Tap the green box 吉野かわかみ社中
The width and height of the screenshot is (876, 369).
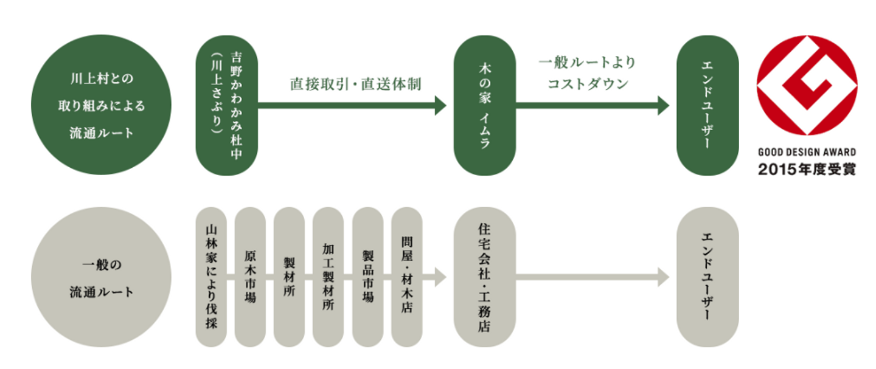[x=227, y=105]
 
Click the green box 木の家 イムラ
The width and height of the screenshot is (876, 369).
[x=485, y=105]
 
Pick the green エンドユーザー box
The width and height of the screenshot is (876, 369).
[x=707, y=105]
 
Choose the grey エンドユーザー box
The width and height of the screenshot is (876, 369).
[x=707, y=277]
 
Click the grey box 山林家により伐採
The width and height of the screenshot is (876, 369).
[x=211, y=277]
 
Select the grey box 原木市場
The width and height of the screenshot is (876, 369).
[x=250, y=277]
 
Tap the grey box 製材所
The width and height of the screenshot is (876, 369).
[x=289, y=277]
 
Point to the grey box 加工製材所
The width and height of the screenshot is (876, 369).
[x=328, y=277]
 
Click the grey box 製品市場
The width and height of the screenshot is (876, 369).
[x=367, y=277]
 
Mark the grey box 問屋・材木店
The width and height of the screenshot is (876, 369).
[x=406, y=277]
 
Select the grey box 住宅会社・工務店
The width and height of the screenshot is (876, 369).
[x=485, y=277]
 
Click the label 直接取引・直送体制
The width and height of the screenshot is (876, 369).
[x=355, y=84]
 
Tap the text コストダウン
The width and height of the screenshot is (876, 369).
[x=587, y=83]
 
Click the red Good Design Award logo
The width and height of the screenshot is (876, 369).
[x=807, y=85]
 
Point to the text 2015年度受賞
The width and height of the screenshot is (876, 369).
[x=807, y=170]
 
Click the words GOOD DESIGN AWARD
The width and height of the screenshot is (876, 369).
[x=807, y=153]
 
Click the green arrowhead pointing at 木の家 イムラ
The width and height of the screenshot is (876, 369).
[x=441, y=105]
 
